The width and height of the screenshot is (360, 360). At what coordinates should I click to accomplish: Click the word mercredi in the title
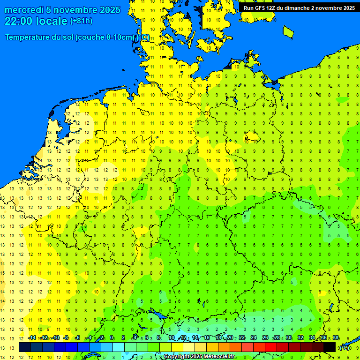24,10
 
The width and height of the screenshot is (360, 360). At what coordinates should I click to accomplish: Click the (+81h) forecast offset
81,21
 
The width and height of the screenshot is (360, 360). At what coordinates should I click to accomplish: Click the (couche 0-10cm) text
105,37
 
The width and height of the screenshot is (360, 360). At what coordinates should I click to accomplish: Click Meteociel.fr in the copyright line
217,357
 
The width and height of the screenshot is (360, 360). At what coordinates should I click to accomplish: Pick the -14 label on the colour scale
32,338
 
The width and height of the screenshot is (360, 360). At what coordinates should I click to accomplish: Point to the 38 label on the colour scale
336,338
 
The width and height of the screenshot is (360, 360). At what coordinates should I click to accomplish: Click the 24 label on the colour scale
253,338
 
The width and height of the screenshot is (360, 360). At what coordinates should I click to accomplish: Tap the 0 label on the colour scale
112,338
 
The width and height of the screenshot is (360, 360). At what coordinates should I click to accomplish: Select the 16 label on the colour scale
206,338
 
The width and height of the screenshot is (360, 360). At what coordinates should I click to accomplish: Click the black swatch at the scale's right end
329,347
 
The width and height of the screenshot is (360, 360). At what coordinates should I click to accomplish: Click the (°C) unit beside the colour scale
345,348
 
